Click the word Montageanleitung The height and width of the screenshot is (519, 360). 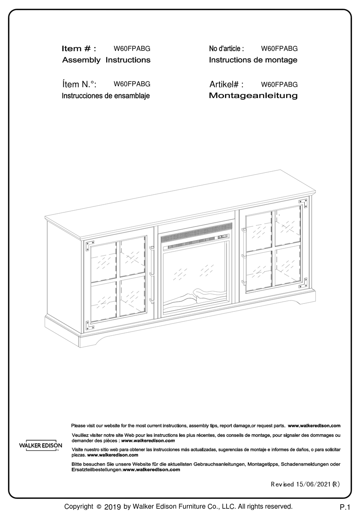[253, 95]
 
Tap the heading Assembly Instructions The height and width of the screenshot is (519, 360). [106, 60]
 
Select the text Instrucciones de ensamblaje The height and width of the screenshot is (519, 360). [106, 96]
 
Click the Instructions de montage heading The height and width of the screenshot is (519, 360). [253, 60]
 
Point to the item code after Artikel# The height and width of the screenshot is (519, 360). [279, 84]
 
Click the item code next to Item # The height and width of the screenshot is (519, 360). [132, 48]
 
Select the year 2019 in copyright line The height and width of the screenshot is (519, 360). [112, 507]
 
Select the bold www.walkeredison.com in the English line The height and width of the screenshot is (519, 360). [314, 425]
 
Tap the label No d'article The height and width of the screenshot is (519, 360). [227, 48]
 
